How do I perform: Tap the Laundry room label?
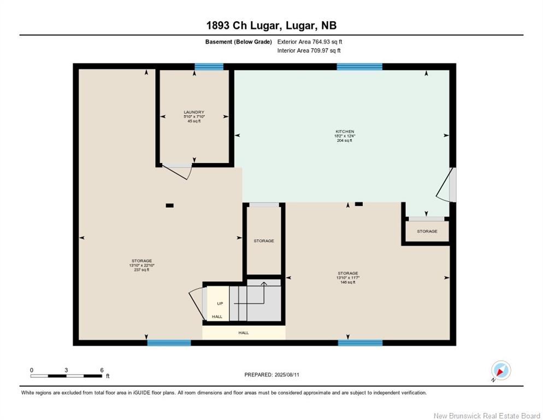(193, 112)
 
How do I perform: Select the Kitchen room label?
(345, 132)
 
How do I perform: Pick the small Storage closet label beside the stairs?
(263, 241)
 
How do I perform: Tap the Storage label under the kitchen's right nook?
(427, 231)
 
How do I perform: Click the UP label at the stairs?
(220, 304)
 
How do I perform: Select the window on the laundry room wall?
(209, 67)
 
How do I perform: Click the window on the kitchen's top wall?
(359, 67)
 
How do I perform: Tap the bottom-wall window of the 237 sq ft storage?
(169, 343)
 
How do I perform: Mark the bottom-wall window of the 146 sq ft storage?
(359, 343)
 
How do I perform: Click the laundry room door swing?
(179, 172)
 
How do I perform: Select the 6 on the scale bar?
(101, 370)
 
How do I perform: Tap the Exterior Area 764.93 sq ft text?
(310, 42)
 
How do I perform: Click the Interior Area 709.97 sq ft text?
(309, 51)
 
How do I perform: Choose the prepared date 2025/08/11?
(271, 375)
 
